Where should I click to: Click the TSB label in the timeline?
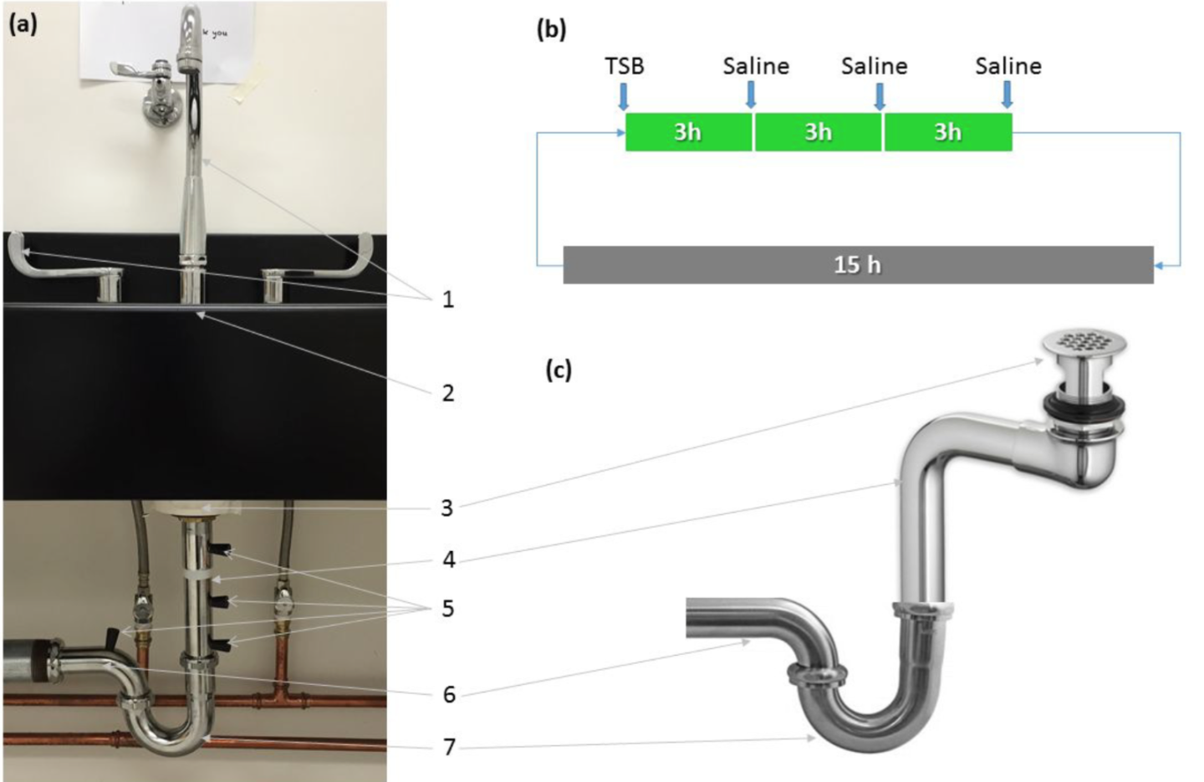625,65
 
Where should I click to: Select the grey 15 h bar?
858,265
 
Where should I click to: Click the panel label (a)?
23,23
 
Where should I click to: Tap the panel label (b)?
551,29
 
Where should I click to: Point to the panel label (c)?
559,369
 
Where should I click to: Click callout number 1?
448,299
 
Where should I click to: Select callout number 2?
448,393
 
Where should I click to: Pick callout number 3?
447,508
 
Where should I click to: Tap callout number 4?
449,560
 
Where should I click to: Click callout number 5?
448,608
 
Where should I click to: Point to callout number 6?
449,694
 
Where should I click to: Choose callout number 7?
449,747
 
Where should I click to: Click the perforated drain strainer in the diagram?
1084,341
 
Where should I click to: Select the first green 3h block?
688,132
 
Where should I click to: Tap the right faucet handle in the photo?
334,259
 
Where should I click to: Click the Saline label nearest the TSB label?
756,65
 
